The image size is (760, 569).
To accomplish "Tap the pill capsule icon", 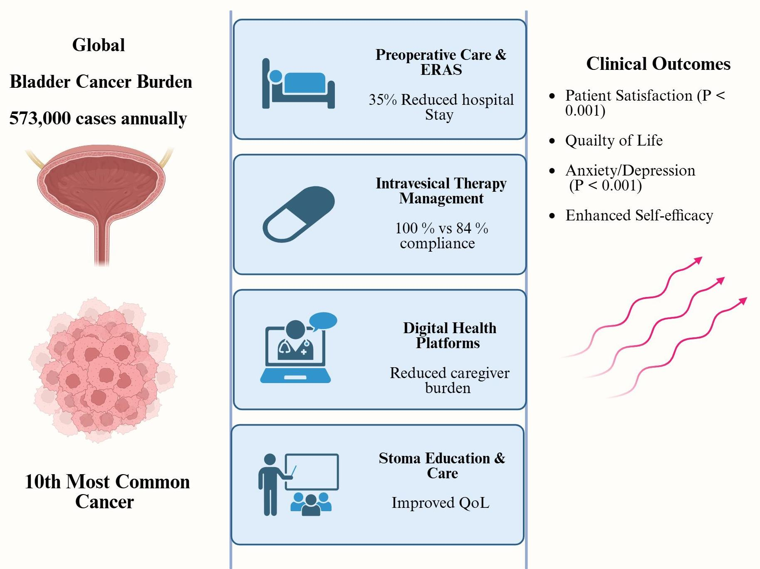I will pos(298,214).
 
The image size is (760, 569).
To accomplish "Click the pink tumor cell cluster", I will pos(102,370).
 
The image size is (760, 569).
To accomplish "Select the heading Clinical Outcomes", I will pos(658,64).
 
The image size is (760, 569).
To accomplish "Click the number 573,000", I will pos(40,119).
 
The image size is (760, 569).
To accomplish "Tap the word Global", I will pos(99,45).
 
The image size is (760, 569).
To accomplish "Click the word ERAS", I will pos(441,70).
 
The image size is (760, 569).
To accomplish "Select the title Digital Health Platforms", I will pos(449,335).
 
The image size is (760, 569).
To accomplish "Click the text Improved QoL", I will pos(441,503).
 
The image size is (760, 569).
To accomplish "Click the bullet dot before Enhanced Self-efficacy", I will pos(552,215).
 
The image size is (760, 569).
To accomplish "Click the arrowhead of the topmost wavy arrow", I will pos(698,260).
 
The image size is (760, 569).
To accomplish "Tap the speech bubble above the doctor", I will pos(323,321).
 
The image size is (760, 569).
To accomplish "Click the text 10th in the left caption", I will pos(43,482).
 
